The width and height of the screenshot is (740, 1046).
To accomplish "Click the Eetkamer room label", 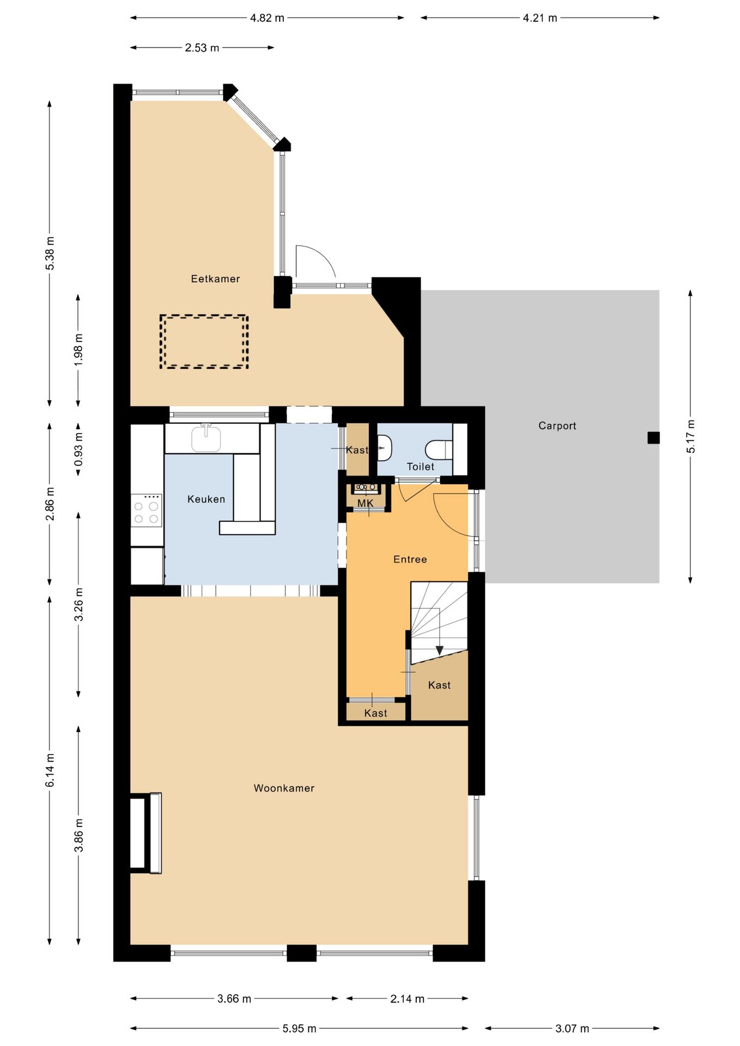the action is pos(215,279).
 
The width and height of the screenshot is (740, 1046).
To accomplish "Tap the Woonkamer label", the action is pos(284,788).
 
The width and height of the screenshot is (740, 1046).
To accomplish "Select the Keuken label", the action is pos(206,499).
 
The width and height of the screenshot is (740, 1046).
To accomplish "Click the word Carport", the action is pos(557,426).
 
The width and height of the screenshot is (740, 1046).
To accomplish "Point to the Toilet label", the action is pos(421,467).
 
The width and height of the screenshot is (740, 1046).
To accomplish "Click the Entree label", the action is pos(410,560).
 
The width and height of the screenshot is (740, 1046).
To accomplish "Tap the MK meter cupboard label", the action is pos(366,503).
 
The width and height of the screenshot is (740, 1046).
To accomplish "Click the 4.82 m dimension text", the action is pos(267,18).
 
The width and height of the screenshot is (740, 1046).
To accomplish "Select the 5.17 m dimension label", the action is pos(691,436).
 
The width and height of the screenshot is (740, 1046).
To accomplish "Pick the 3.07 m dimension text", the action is pos(572,1029).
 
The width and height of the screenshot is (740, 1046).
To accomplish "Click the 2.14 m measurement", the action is pos(407,999).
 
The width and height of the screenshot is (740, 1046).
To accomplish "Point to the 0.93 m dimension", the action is pos(78,449).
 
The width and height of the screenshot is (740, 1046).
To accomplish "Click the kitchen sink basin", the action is pos(206,439).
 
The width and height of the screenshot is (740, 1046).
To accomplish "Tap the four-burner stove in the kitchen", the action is pos(147,510).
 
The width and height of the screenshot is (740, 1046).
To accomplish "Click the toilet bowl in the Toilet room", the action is pos(439,449).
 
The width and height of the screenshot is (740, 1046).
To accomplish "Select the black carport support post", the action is pos(653,437).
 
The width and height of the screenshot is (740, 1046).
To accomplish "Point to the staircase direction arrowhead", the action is pos(439,651).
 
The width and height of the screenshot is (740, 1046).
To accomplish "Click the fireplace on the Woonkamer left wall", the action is pos(145,834).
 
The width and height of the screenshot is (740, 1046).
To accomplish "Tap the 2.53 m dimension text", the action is pos(202,48).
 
